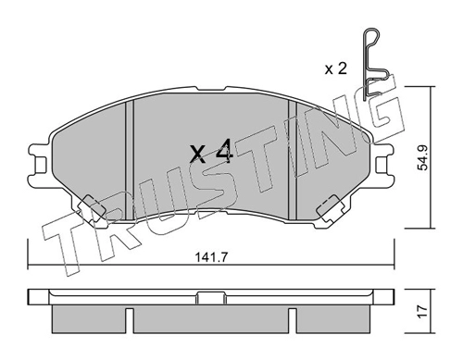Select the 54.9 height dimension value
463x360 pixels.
(422, 157)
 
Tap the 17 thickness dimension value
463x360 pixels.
(422, 311)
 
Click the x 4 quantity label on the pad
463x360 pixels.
(211, 151)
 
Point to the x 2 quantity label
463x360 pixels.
(336, 68)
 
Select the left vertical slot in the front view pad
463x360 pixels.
(130, 160)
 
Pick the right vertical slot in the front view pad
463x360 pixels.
(292, 159)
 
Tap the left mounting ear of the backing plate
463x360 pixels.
(40, 165)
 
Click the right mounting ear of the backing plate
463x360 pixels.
(382, 164)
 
